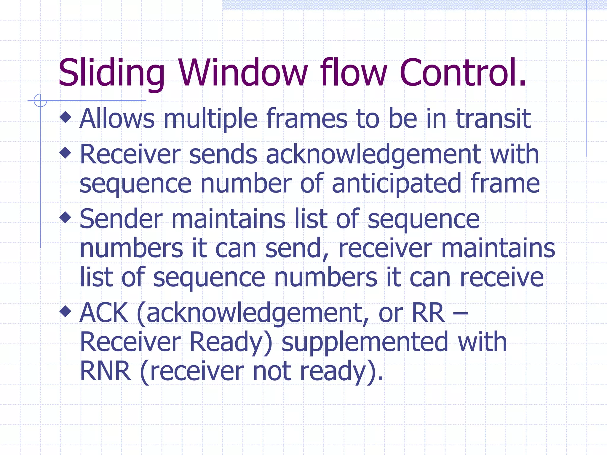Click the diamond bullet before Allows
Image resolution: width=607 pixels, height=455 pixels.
coord(66,117)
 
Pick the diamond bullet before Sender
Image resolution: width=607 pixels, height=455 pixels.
coord(66,218)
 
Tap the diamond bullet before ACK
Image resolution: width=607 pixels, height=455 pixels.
coord(66,311)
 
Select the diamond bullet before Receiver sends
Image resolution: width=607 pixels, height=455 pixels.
coord(66,153)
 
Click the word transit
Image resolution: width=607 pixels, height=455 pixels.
coord(493,119)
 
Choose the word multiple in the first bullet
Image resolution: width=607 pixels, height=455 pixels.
coord(210,119)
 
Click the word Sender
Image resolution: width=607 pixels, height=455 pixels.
coord(121,219)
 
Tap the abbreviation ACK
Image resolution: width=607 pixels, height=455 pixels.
coord(104,313)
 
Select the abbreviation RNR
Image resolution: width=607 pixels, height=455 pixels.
coord(106,371)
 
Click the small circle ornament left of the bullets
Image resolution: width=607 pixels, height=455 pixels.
coord(40,100)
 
